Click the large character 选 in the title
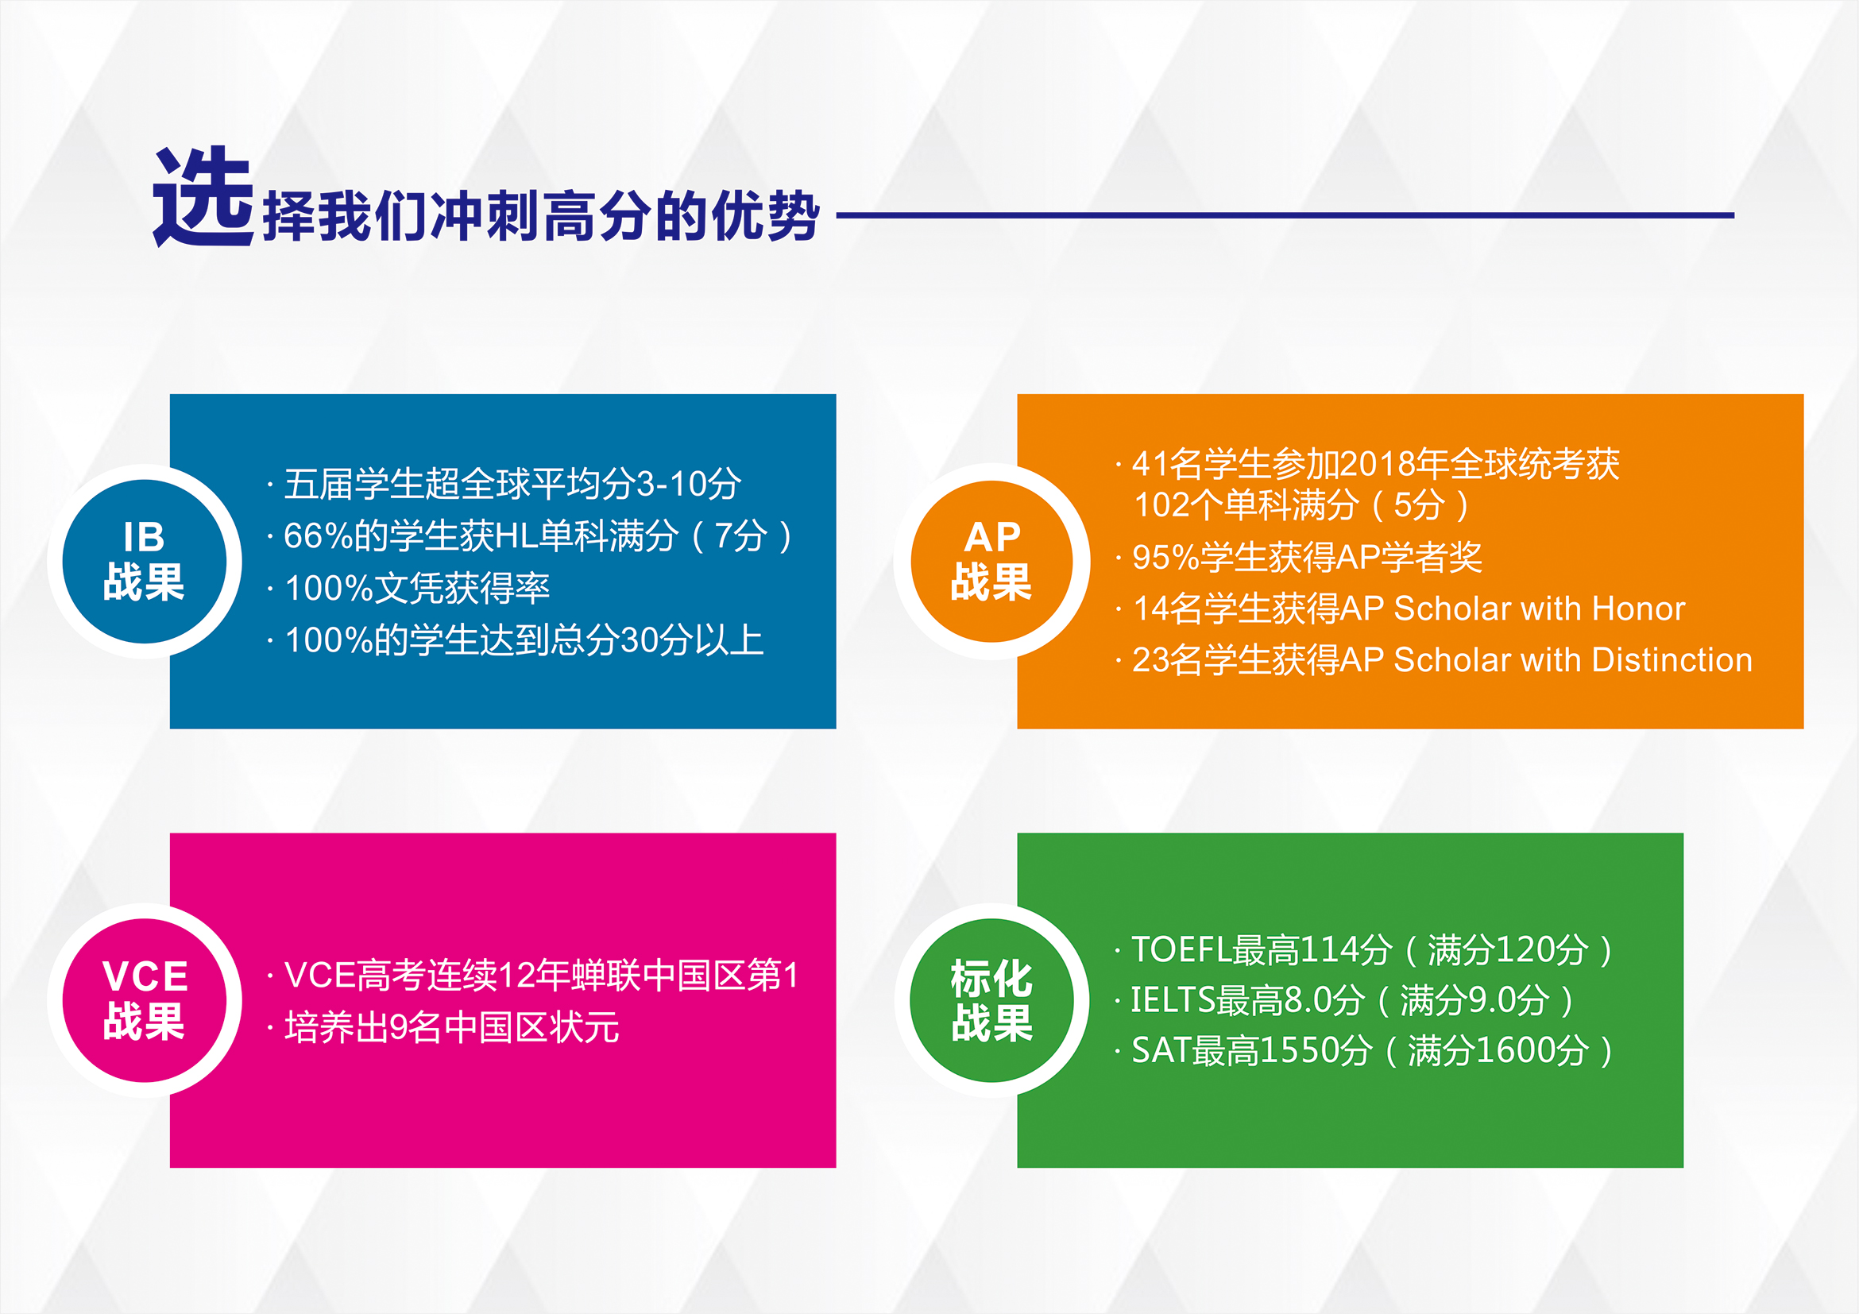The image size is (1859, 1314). (203, 197)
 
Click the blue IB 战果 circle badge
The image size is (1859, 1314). (144, 562)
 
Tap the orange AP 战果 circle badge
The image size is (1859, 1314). (991, 562)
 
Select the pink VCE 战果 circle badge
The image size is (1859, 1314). (144, 1001)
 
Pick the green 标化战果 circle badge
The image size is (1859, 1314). (991, 1001)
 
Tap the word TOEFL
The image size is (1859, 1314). (1181, 949)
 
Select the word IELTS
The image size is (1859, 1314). (1173, 1001)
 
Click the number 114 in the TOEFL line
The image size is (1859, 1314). (1328, 949)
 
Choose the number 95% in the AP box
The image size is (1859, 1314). (1165, 557)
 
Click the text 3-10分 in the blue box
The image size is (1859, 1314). (687, 484)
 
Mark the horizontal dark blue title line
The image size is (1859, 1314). (1285, 215)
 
